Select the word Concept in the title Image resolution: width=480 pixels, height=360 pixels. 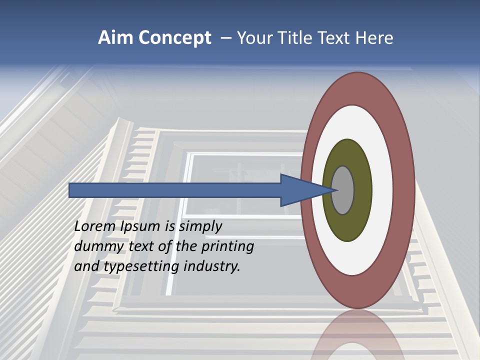(175, 38)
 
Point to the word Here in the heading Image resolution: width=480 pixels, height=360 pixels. (374, 38)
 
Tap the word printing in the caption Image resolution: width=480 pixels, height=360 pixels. (227, 246)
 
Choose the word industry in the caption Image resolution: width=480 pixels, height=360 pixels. (212, 266)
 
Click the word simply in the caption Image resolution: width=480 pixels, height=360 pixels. (200, 226)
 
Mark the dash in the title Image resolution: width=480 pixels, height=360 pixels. (225, 38)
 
